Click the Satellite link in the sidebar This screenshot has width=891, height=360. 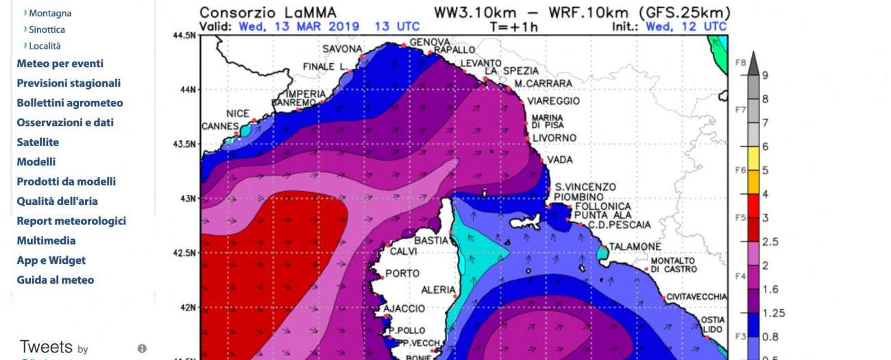coord(38,143)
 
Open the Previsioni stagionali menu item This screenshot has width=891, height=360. coord(69,84)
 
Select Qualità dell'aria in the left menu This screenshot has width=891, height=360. coord(57,202)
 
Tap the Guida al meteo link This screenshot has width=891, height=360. coord(56,280)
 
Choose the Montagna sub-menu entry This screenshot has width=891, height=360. coord(50,13)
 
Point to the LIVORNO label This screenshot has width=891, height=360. coord(554,139)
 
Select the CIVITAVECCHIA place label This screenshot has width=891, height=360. coord(696,297)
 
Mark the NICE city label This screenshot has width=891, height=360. coord(238,114)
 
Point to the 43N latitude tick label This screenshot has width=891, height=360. coord(184,199)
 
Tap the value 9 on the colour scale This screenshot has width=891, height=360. coord(765,75)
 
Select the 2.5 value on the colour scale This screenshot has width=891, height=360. coord(769,242)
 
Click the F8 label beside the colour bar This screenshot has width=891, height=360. coord(740,62)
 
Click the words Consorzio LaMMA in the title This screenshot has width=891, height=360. coord(268,13)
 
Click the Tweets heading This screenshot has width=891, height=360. coord(46,347)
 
